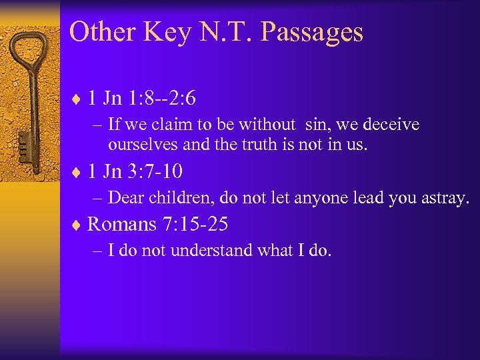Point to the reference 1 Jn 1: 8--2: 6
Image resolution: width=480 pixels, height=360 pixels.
(141, 99)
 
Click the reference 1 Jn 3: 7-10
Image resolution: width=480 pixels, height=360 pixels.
(135, 171)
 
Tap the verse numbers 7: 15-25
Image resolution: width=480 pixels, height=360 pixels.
(195, 225)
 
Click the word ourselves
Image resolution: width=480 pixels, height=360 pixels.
(138, 143)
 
